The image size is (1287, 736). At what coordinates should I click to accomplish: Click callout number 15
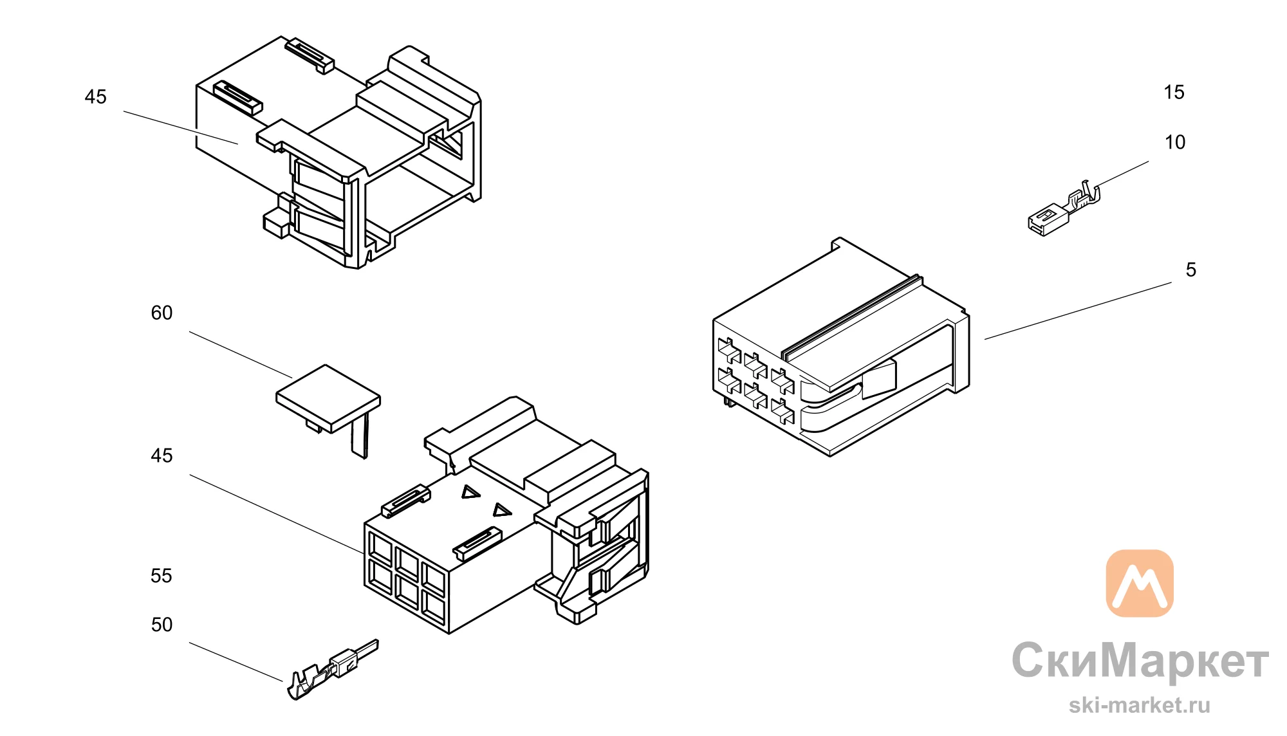pyautogui.click(x=1174, y=92)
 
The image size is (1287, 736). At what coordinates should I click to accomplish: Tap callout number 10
pyautogui.click(x=1174, y=142)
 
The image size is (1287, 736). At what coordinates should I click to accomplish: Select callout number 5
pyautogui.click(x=1190, y=270)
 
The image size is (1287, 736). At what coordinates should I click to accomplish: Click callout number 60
pyautogui.click(x=162, y=313)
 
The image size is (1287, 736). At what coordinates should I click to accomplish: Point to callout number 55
pyautogui.click(x=162, y=576)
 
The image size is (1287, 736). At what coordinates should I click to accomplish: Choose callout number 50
pyautogui.click(x=162, y=625)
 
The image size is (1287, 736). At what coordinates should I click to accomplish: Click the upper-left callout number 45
pyautogui.click(x=95, y=97)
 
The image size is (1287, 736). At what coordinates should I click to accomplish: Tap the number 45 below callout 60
pyautogui.click(x=162, y=455)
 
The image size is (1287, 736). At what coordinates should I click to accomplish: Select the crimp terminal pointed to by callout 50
pyautogui.click(x=332, y=669)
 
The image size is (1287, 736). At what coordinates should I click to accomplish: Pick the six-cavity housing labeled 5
pyautogui.click(x=840, y=347)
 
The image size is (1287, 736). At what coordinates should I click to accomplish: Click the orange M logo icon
pyautogui.click(x=1140, y=583)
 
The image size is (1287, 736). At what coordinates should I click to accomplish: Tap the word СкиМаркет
pyautogui.click(x=1140, y=661)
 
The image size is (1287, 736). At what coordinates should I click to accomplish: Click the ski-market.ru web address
pyautogui.click(x=1140, y=705)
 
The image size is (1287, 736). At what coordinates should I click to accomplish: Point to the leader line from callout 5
pyautogui.click(x=1078, y=311)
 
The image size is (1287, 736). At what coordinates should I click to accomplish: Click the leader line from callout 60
pyautogui.click(x=241, y=354)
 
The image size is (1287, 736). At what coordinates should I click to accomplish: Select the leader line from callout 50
pyautogui.click(x=236, y=661)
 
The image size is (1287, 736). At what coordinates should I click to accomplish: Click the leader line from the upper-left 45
pyautogui.click(x=181, y=127)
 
